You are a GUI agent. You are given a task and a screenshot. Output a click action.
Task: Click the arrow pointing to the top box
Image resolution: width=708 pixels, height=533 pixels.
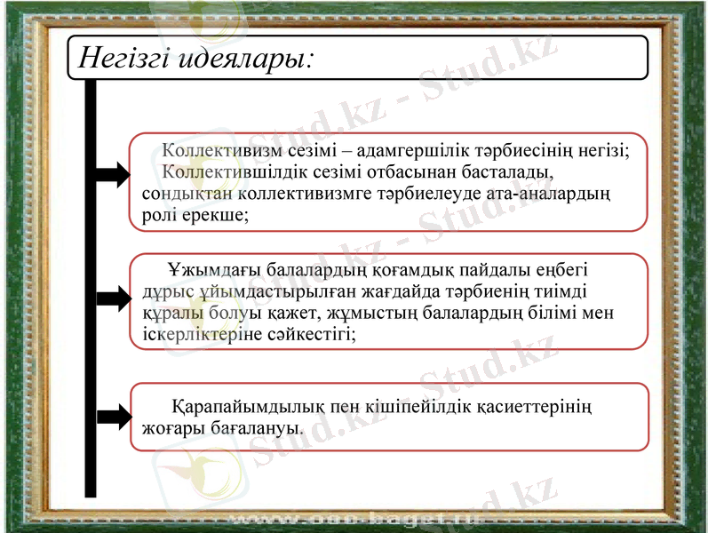point(112,175)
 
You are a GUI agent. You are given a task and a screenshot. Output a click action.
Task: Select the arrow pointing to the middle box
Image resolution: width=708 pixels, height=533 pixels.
point(112,298)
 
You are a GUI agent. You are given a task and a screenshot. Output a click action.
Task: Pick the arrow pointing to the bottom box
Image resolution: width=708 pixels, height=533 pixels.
point(112,415)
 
